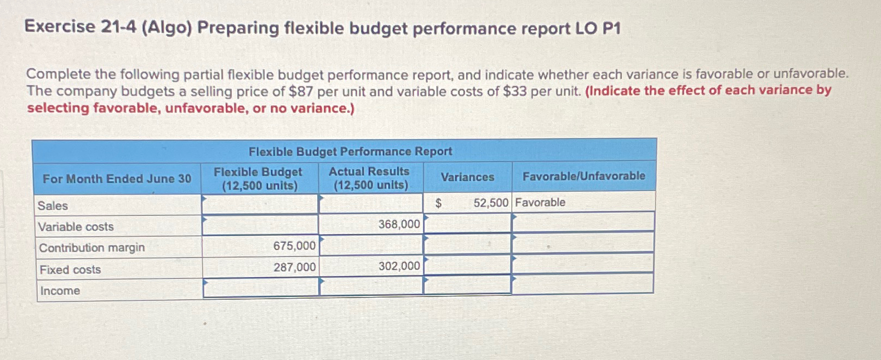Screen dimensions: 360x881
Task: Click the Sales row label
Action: (x=53, y=206)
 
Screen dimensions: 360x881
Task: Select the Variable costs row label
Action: (x=76, y=227)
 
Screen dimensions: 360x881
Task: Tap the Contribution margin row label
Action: (x=92, y=248)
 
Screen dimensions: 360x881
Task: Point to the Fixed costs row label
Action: (x=70, y=270)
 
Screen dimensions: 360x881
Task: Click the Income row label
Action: (x=60, y=291)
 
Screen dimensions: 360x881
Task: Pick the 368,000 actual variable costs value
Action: (x=399, y=224)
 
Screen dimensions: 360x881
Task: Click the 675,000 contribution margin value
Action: (x=294, y=246)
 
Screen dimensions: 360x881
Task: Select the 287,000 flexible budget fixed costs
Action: (x=294, y=267)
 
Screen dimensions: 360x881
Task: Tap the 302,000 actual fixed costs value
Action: (x=399, y=266)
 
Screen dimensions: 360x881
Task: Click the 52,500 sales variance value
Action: (x=490, y=203)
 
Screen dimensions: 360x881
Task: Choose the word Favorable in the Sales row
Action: (x=540, y=203)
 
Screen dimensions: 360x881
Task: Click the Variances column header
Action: (x=467, y=177)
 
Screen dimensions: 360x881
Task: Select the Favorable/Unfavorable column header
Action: (x=583, y=176)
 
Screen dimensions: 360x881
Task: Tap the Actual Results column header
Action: (x=370, y=178)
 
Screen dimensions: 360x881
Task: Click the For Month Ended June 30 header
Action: (x=117, y=179)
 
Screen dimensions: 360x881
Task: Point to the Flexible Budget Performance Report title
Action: (x=350, y=151)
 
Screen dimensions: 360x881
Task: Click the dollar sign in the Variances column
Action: (x=438, y=203)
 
